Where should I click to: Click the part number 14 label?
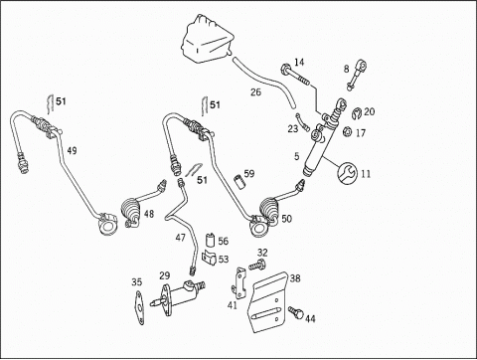pyautogui.click(x=299, y=62)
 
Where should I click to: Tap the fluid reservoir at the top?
pyautogui.click(x=207, y=39)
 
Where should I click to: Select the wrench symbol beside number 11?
pyautogui.click(x=347, y=172)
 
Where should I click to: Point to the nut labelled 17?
pyautogui.click(x=347, y=131)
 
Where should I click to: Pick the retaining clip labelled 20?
pyautogui.click(x=357, y=112)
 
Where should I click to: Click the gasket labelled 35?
pyautogui.click(x=139, y=308)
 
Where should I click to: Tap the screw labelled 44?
pyautogui.click(x=296, y=312)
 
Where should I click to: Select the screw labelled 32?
pyautogui.click(x=257, y=265)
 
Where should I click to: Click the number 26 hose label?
pyautogui.click(x=255, y=92)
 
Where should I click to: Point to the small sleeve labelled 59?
pyautogui.click(x=239, y=181)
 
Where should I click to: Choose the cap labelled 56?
pyautogui.click(x=210, y=240)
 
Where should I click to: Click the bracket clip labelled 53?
pyautogui.click(x=209, y=258)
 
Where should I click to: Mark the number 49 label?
pyautogui.click(x=72, y=151)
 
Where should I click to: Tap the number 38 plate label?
pyautogui.click(x=295, y=277)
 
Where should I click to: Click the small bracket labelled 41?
pyautogui.click(x=240, y=282)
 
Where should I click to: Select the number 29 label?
pyautogui.click(x=164, y=275)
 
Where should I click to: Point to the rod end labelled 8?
pyautogui.click(x=357, y=75)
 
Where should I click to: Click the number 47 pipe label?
pyautogui.click(x=181, y=238)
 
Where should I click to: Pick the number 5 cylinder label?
pyautogui.click(x=296, y=156)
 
